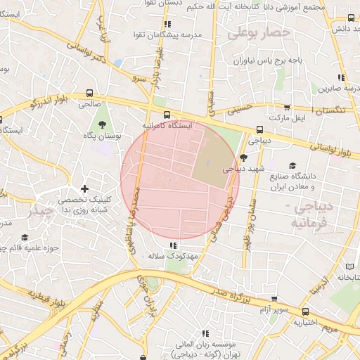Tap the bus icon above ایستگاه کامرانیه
click(x=166, y=115)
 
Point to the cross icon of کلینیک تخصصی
click(x=85, y=188)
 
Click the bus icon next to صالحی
click(x=89, y=93)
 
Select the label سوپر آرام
click(x=274, y=309)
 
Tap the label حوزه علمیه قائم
click(x=28, y=247)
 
